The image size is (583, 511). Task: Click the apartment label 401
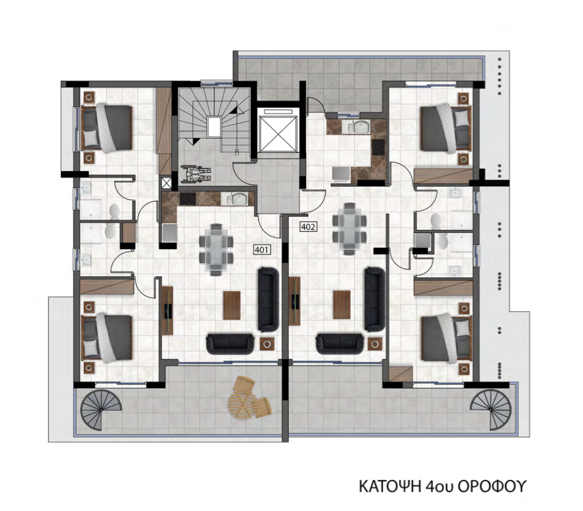262,250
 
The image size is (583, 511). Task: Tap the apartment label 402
308,226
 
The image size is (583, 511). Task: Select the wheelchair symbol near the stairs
196,174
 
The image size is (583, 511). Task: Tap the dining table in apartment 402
349,229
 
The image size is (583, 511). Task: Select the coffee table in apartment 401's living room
232,305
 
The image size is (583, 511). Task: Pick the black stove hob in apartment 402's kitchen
379,147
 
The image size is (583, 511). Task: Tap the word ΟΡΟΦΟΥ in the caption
491,486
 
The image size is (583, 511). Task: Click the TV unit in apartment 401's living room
167,310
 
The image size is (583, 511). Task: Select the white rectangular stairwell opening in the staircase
215,127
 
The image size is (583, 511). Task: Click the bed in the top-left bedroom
106,128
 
